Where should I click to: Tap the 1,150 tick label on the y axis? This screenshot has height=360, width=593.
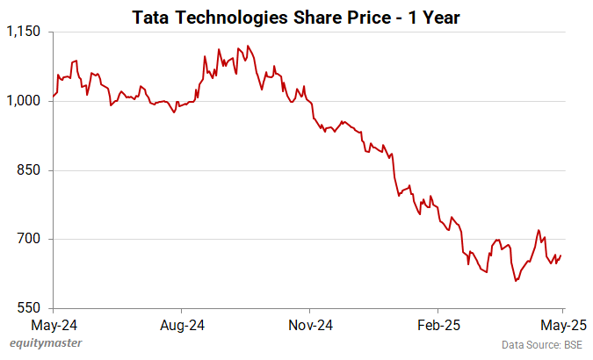25,32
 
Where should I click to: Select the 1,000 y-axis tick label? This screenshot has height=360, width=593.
25,102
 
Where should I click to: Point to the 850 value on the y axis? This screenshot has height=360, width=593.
30,170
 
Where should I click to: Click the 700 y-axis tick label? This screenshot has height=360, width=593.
30,239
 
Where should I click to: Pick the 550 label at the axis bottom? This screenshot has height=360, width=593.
30,308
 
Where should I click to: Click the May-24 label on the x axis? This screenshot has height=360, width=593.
54,324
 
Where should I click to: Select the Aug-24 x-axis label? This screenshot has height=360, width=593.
183,324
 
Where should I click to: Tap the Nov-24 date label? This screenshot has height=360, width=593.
312,324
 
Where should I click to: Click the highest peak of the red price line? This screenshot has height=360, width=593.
249,46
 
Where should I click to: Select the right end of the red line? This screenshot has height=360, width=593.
562,255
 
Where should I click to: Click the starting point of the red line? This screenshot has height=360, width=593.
54,96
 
